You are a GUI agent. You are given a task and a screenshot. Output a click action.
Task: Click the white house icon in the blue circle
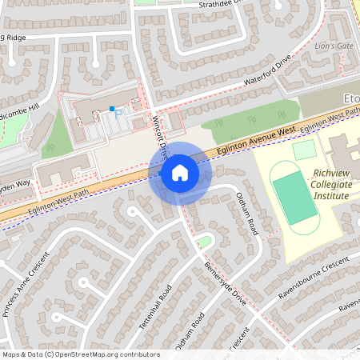click(180, 173)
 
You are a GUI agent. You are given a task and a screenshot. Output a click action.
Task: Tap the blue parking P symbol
click(119, 114)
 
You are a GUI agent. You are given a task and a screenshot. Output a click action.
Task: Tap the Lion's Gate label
click(333, 46)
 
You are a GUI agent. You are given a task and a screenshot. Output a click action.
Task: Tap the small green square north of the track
click(304, 150)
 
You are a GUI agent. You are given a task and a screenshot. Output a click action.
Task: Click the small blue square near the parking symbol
click(112, 108)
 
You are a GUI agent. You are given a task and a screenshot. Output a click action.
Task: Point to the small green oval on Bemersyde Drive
click(204, 241)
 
